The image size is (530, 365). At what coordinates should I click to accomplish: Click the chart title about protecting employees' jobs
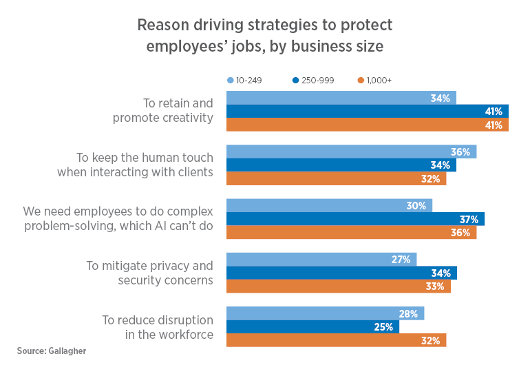[x=265, y=36]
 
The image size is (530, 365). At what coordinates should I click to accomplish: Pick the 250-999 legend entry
[x=312, y=81]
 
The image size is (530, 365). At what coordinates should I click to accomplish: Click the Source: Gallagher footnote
[x=52, y=351]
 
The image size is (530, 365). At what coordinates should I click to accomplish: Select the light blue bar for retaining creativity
[x=341, y=98]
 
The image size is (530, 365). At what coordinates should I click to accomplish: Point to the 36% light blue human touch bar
[x=351, y=152]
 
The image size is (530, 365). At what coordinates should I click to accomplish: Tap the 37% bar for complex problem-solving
[x=355, y=219]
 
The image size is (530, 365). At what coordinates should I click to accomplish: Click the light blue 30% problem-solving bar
[x=329, y=205]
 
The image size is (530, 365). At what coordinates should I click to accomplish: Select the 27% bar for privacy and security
[x=321, y=260]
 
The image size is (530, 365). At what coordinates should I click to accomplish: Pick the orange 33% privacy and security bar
[x=338, y=286]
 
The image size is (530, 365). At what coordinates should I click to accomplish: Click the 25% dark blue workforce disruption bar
[x=312, y=326]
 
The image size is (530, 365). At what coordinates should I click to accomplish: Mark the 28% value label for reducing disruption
[x=408, y=314]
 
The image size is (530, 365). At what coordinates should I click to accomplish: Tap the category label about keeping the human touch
[x=135, y=165]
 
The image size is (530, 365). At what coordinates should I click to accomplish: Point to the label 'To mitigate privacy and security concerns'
[x=149, y=273]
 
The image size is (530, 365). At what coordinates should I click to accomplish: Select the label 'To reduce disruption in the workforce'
[x=158, y=327]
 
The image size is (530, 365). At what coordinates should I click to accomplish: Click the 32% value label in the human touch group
[x=430, y=179]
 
